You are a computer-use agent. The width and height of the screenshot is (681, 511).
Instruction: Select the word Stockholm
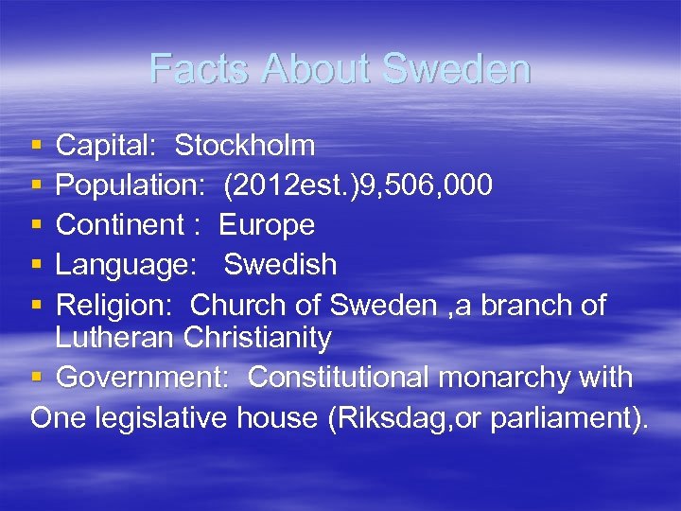(x=245, y=146)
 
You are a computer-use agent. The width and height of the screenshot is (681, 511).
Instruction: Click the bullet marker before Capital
(x=36, y=147)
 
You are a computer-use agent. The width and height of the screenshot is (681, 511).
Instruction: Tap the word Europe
(x=267, y=225)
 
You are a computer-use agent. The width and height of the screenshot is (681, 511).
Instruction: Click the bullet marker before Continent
(x=36, y=226)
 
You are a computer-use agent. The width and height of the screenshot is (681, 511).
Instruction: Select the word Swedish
(x=280, y=265)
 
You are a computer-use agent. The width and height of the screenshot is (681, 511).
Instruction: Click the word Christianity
(x=258, y=338)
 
